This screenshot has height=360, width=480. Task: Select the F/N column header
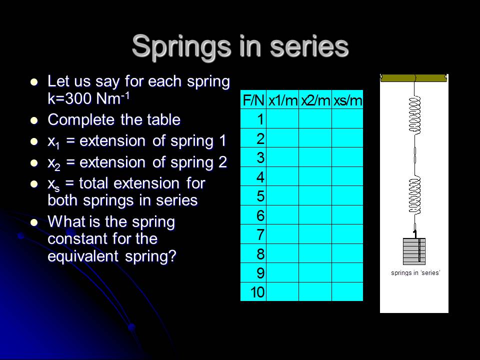click(253, 100)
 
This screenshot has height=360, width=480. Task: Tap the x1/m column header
click(282, 100)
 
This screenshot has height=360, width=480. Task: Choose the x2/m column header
click(315, 100)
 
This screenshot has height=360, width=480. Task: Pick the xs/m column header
click(347, 100)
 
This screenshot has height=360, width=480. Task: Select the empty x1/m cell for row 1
click(282, 118)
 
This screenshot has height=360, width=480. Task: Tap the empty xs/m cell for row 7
click(347, 234)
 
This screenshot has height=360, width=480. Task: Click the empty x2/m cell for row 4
click(315, 176)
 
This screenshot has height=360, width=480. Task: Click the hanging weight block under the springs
click(414, 251)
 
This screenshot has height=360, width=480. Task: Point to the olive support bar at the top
click(413, 78)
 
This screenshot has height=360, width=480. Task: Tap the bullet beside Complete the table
click(34, 120)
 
